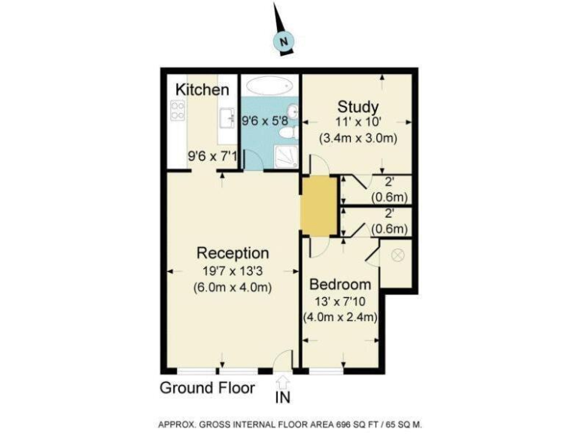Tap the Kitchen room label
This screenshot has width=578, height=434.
coord(202,90)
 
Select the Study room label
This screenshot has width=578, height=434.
coord(357,106)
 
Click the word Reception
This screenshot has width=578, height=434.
coord(233,252)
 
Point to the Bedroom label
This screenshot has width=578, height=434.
coord(340,285)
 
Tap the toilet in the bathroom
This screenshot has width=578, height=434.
coord(287,133)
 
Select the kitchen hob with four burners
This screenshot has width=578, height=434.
coord(178,111)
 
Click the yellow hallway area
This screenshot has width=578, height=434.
coord(317,205)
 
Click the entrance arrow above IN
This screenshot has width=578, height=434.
coord(283,381)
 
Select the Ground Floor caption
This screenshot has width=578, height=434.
coord(207,389)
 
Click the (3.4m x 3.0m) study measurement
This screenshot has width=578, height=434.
coord(357,139)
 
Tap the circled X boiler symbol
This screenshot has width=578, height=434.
coord(398,255)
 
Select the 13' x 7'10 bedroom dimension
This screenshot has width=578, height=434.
coord(340,301)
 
